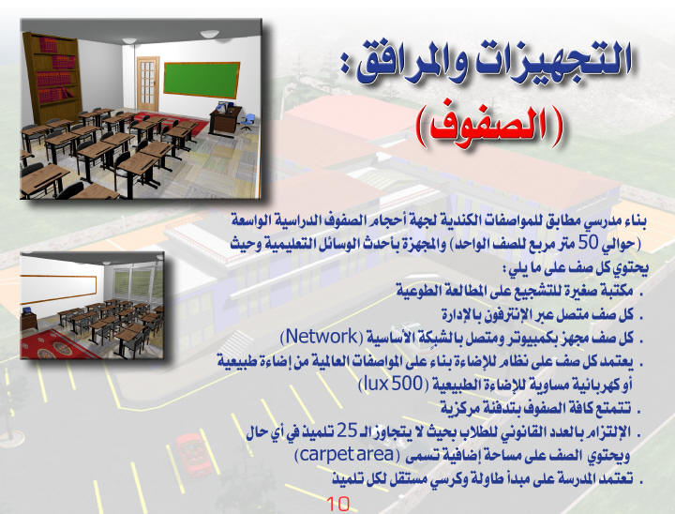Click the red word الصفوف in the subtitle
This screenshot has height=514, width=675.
coord(490,127)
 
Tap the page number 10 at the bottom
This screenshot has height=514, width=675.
coord(337,504)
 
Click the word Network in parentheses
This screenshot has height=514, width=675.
coord(322,336)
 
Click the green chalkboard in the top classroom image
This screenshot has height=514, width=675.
coord(202,80)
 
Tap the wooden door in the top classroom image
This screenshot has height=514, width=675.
coord(148,83)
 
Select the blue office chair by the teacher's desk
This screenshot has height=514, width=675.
coord(247,122)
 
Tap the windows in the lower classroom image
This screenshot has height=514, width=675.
coord(137,283)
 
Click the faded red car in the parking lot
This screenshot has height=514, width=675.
coord(194,455)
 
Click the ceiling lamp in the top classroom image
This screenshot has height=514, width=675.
coord(209,34)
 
